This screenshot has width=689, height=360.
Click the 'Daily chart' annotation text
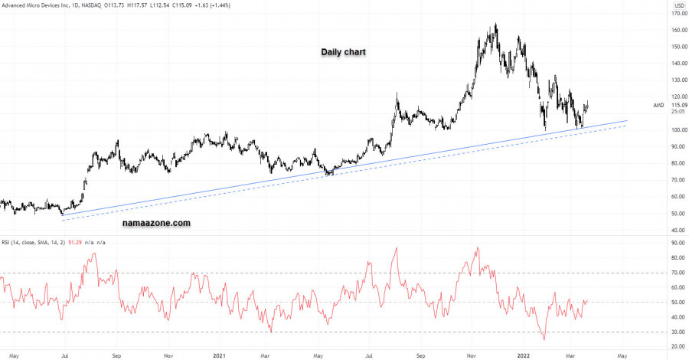pos(343,52)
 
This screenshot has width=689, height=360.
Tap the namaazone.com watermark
pos(156,224)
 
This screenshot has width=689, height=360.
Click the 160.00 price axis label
pos(673,30)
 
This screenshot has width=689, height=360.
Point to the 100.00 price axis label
pos(673,129)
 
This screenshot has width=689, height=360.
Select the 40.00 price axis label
pos(674,229)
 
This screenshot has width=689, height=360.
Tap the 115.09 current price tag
pos(673,104)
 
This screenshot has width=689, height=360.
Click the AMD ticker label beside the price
pos(658,105)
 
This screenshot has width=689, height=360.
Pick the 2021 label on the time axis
pos(219,356)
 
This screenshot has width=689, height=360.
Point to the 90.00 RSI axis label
pos(674,244)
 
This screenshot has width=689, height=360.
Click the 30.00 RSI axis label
pos(674,332)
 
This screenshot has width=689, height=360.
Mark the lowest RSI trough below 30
pos(544,339)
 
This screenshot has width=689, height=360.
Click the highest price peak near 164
pos(496,25)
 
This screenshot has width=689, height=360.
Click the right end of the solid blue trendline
pos(627,120)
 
